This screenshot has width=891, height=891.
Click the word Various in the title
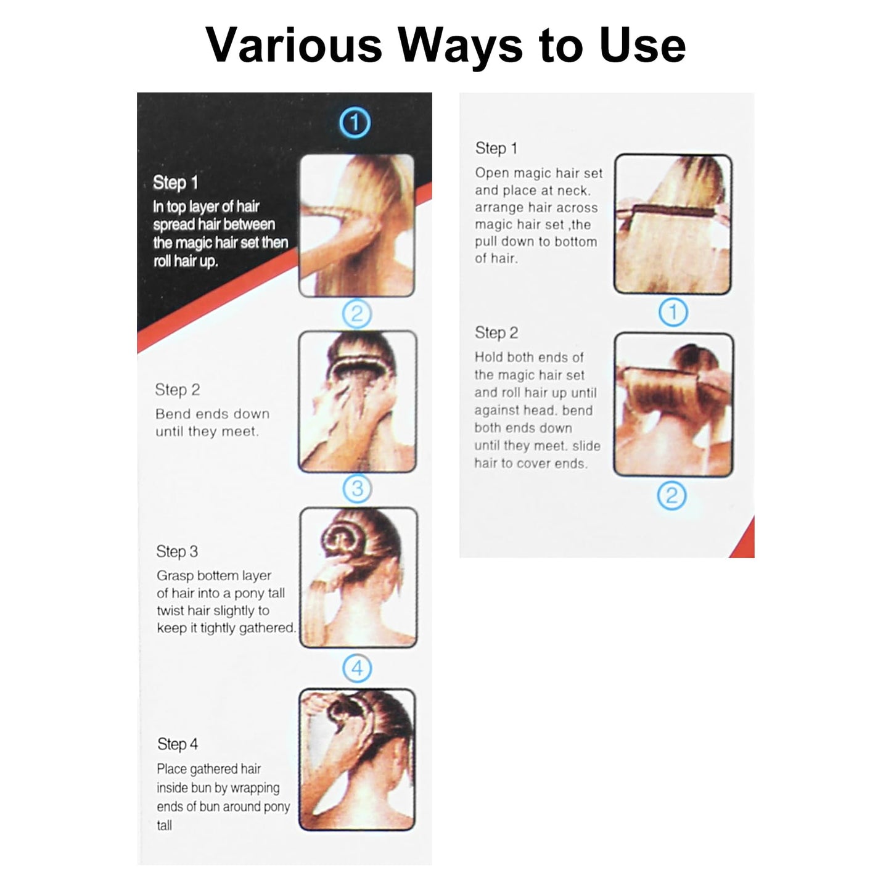(294, 45)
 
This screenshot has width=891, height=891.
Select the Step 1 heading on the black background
(175, 183)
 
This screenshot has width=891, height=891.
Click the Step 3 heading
(177, 551)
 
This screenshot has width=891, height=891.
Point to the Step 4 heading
(178, 744)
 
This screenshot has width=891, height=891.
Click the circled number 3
(357, 489)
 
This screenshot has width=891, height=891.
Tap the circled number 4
(357, 668)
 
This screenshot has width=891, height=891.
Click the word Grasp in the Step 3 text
(175, 576)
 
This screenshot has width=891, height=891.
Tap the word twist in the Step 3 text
(171, 610)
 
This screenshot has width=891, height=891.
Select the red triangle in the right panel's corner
(745, 541)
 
